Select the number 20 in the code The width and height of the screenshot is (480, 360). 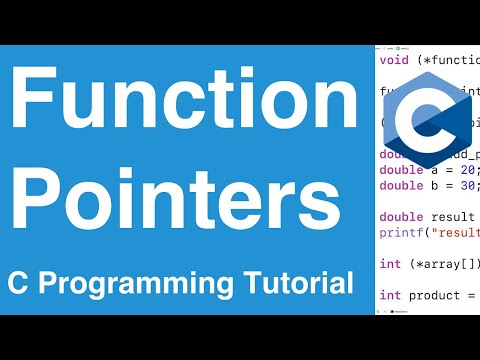(462, 172)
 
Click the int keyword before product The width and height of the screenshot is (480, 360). (389, 295)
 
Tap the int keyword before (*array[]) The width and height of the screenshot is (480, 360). (389, 264)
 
